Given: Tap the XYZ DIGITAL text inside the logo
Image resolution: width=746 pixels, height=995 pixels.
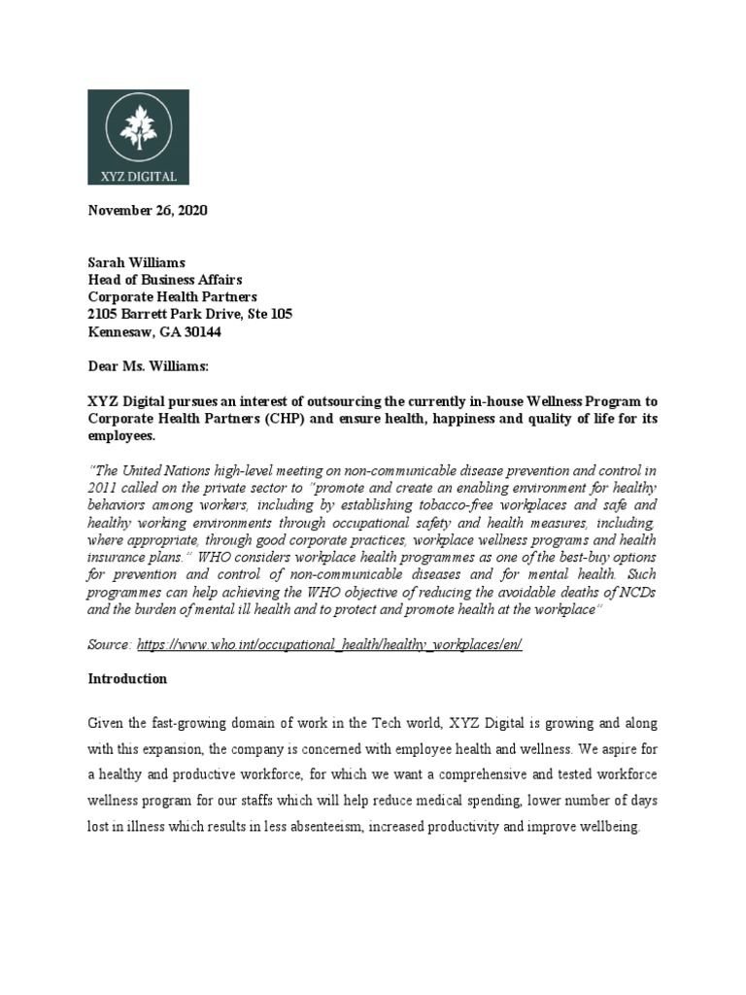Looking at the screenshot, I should (138, 175).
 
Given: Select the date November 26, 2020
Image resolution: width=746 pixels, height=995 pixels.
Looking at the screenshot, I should (148, 210).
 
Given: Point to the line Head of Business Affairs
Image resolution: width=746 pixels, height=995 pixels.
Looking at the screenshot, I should (165, 280).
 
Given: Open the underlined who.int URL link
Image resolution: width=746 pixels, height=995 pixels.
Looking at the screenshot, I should (329, 645).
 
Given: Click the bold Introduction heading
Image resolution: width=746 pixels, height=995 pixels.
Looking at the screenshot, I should (127, 678).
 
